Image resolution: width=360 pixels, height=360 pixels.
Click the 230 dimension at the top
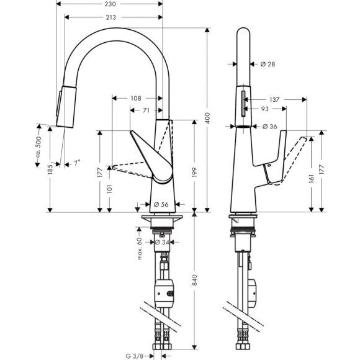112,4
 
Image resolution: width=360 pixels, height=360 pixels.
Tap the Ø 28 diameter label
268,65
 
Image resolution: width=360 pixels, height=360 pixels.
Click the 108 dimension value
136,98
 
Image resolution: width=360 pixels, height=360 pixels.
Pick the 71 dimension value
145,110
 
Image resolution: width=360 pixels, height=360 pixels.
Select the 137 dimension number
276,99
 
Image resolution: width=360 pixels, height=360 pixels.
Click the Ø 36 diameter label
269,127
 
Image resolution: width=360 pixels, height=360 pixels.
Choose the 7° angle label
76,163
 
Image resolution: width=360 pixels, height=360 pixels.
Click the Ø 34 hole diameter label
163,242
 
